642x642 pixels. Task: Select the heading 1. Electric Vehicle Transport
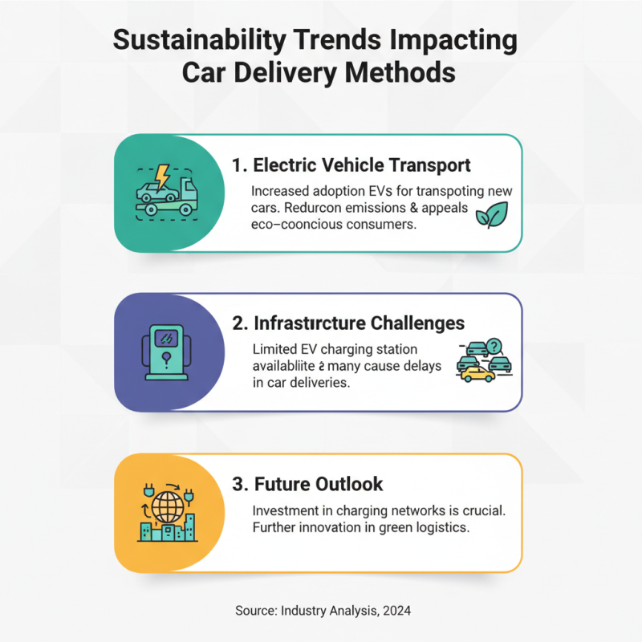(x=351, y=165)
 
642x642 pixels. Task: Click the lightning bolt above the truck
(x=163, y=176)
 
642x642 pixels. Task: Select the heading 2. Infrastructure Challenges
(x=348, y=323)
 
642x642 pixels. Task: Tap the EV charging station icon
(x=167, y=353)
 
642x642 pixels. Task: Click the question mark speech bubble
(x=494, y=346)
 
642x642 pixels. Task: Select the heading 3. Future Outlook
(x=307, y=484)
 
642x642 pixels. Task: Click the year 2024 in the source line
(x=396, y=611)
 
